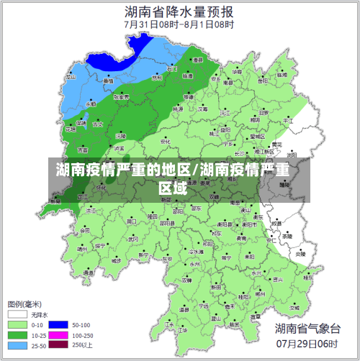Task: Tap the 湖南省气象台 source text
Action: tap(307, 329)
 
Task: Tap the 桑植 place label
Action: tap(107, 81)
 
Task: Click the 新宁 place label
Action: tap(143, 255)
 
